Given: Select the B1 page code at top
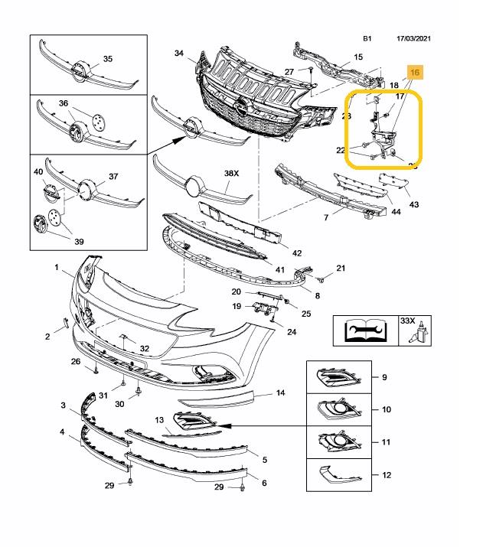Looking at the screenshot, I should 368,37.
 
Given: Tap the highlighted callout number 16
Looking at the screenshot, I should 416,72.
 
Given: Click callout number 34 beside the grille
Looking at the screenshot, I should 179,54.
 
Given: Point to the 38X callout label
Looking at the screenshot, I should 232,174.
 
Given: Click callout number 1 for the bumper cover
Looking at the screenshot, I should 56,267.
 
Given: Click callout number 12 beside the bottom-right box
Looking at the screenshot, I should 386,475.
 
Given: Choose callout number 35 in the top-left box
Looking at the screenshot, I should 107,59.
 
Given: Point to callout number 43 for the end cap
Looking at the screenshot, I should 414,204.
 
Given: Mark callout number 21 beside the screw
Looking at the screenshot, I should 341,268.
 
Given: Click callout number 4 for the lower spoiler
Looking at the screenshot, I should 62,432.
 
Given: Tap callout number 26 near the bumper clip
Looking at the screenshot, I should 75,361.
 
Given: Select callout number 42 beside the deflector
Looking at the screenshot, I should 297,252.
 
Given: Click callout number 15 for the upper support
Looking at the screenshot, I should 357,57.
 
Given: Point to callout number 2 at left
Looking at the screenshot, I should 47,336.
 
